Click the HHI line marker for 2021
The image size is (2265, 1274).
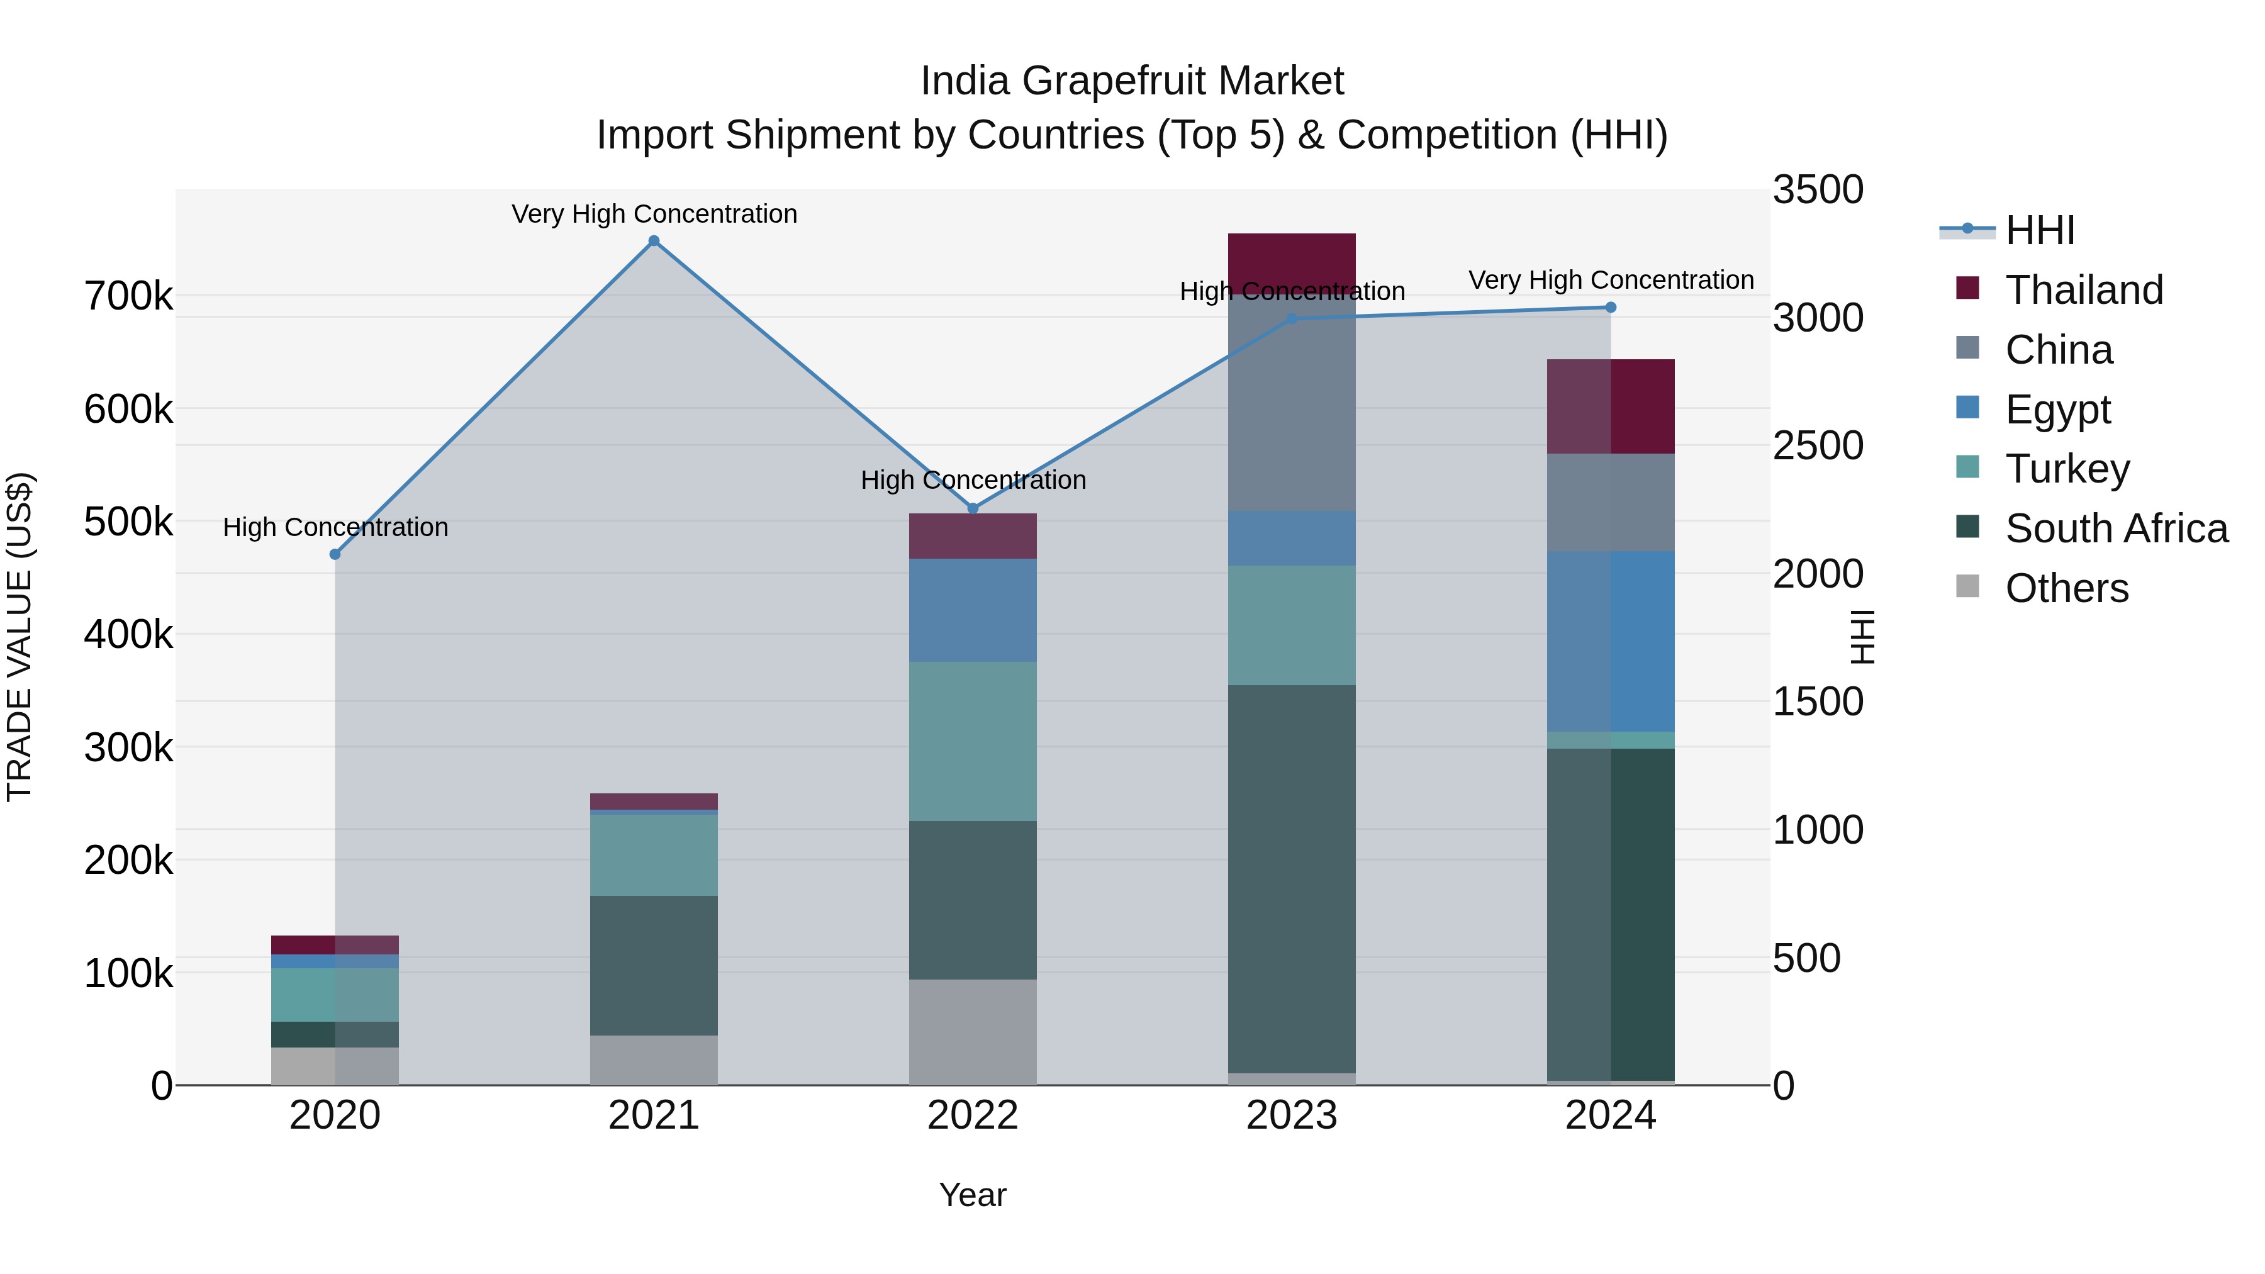click(x=653, y=241)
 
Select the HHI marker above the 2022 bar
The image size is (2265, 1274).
click(x=973, y=508)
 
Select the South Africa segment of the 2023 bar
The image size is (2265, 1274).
click(x=1292, y=880)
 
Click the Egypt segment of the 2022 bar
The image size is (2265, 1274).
click(x=973, y=610)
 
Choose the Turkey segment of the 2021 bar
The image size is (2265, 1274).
click(x=653, y=854)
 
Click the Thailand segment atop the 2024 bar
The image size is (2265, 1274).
click(x=1611, y=406)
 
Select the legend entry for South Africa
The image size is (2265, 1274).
click(x=2115, y=528)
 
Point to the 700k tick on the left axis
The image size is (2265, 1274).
click(x=128, y=296)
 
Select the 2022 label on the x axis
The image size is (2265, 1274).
click(x=973, y=1115)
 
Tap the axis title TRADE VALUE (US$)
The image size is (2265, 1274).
click(x=20, y=637)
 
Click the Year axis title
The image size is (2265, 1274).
click(x=973, y=1195)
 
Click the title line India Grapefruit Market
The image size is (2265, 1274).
click(x=1132, y=81)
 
